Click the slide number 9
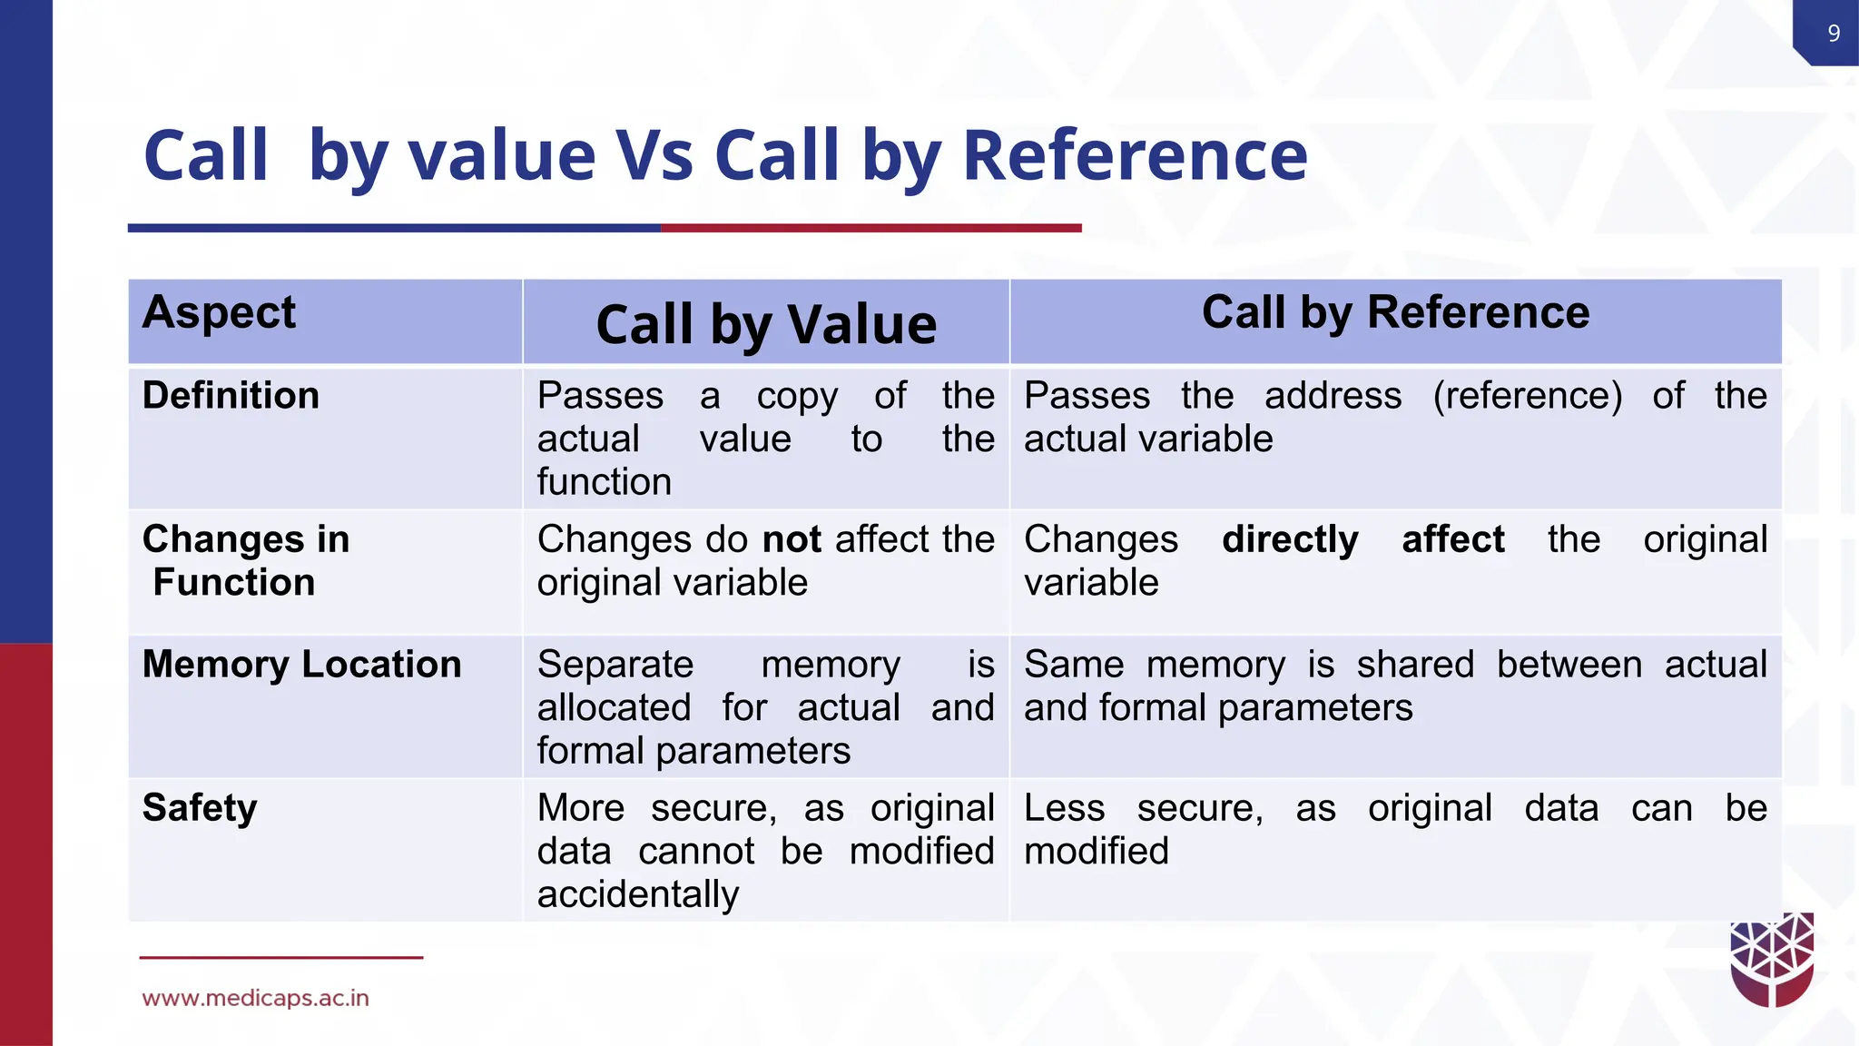[1834, 34]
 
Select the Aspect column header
[219, 312]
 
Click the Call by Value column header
[766, 324]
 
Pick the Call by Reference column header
[1395, 312]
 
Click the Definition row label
[231, 396]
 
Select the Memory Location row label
[301, 665]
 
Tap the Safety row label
[200, 807]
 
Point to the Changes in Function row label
[245, 560]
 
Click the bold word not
[792, 539]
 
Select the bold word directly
[1290, 539]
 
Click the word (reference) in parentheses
[1527, 396]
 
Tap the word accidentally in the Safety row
[638, 894]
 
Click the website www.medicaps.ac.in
[255, 998]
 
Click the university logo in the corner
[1772, 961]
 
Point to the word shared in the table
[1415, 665]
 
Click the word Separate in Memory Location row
[615, 665]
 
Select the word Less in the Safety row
[1064, 807]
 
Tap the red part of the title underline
[871, 228]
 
